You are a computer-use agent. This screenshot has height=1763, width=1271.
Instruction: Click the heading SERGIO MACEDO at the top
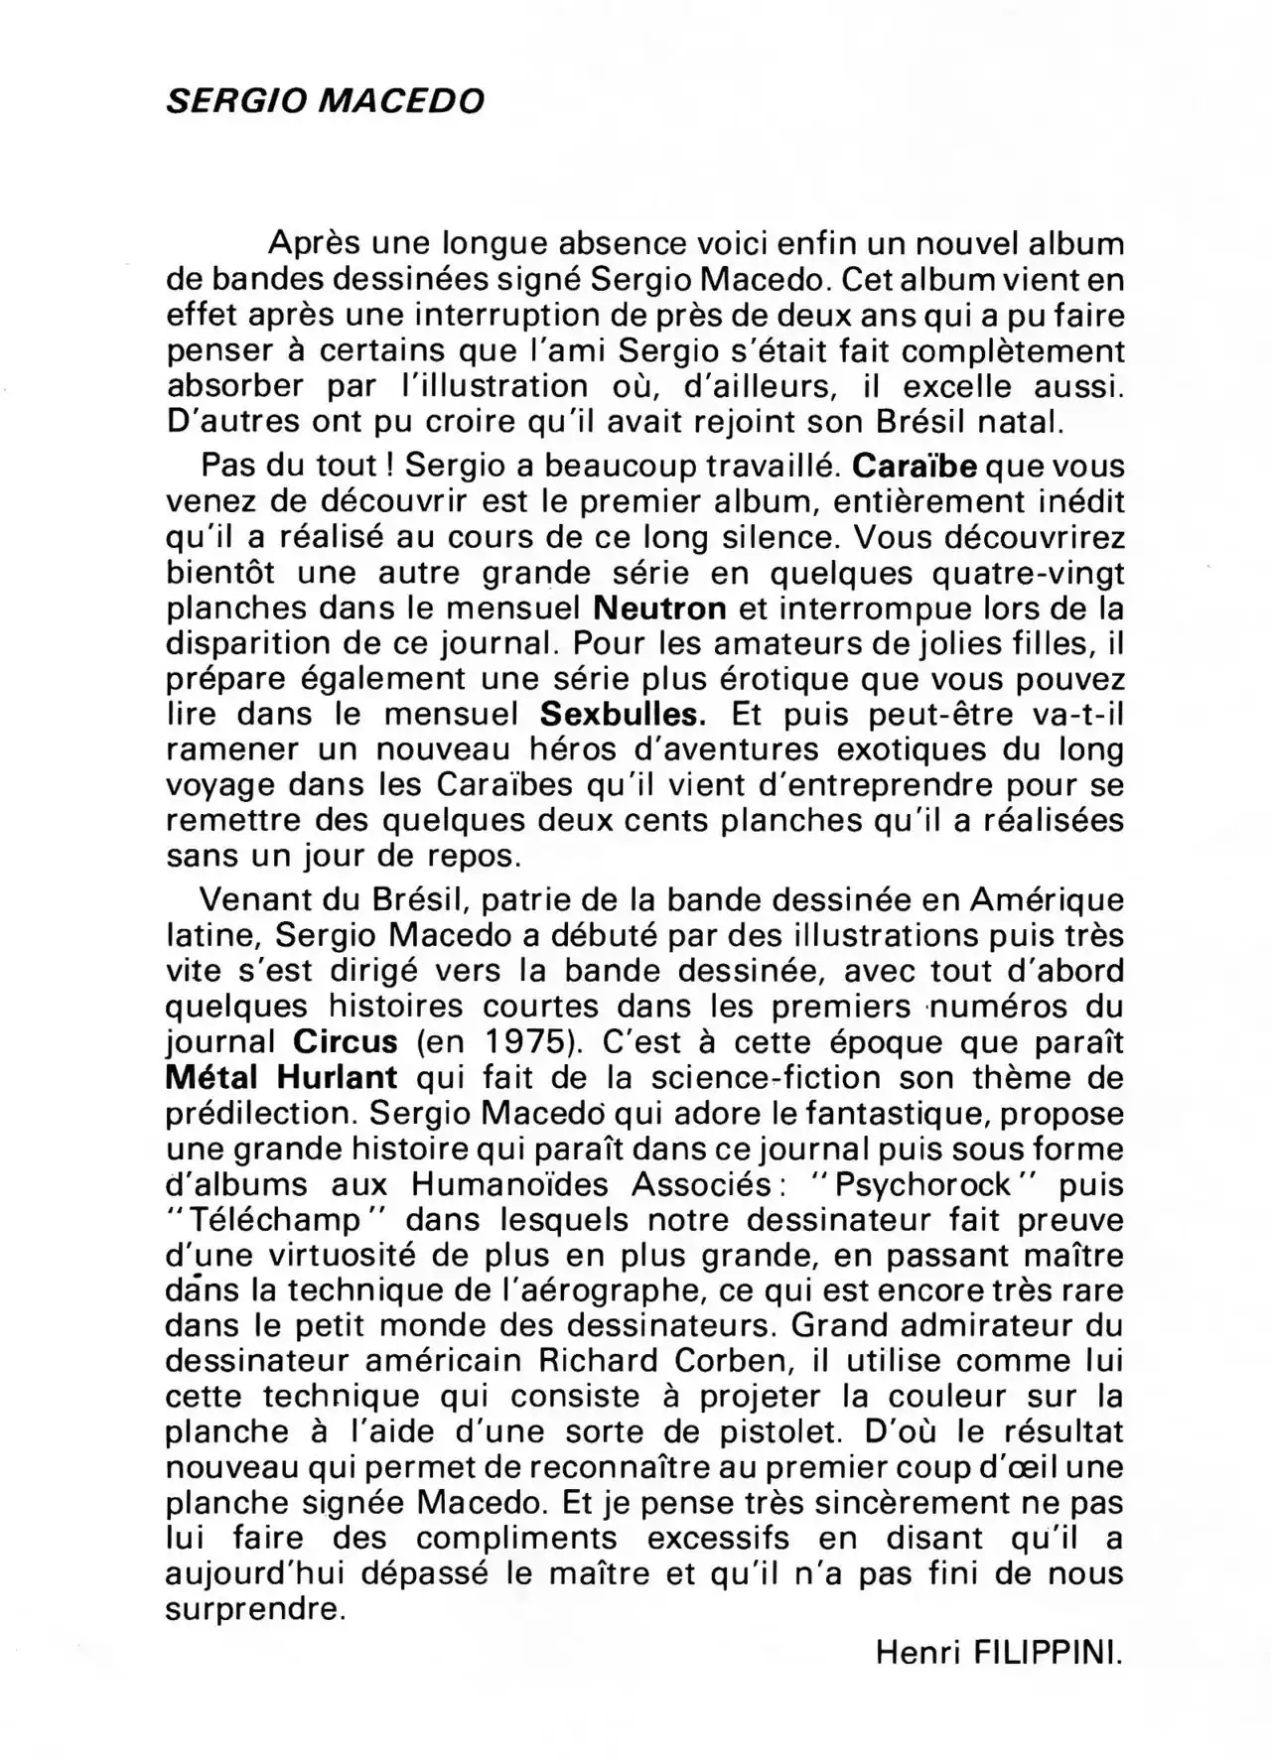[326, 100]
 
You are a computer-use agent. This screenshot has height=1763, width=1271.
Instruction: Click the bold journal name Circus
[347, 1042]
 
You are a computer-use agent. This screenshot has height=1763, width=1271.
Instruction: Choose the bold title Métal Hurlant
[282, 1077]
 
